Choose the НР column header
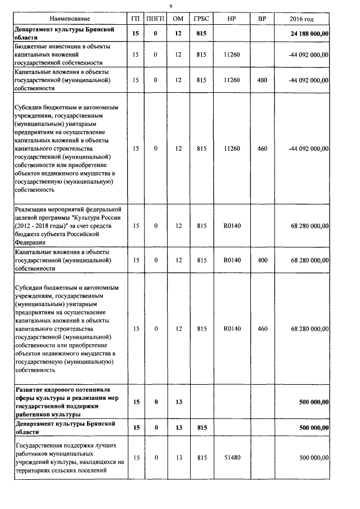(x=231, y=19)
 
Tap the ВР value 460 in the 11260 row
(x=262, y=148)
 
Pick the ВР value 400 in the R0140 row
(x=262, y=260)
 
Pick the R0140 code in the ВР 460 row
(x=231, y=328)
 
